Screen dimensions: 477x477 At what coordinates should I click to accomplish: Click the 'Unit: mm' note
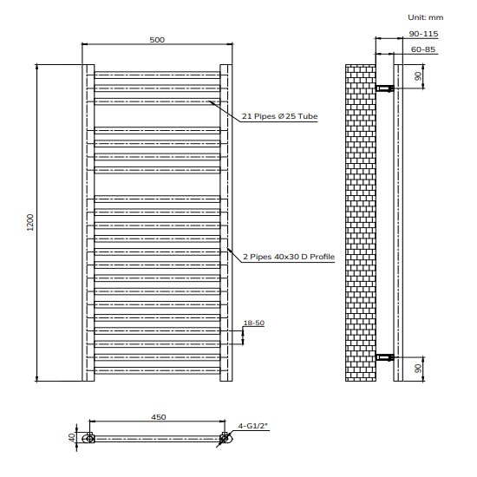click(425, 16)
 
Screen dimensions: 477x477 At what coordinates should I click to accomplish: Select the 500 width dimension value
click(157, 39)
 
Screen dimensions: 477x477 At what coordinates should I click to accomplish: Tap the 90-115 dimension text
click(423, 34)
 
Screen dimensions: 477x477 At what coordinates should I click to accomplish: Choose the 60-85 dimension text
click(423, 49)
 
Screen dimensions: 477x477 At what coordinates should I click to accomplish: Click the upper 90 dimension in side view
click(418, 76)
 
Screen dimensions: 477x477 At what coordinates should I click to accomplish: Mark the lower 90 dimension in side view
click(418, 368)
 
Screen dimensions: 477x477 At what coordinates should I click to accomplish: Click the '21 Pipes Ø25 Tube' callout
click(279, 117)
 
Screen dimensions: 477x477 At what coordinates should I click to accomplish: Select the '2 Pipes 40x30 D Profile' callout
click(288, 257)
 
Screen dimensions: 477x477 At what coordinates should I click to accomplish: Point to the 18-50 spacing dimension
click(254, 323)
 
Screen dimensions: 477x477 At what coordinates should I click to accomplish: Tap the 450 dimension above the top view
click(158, 417)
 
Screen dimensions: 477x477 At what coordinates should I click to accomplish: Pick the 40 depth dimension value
click(74, 438)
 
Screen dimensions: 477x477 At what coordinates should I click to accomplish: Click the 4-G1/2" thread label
click(253, 425)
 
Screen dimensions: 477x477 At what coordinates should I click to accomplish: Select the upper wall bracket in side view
click(383, 88)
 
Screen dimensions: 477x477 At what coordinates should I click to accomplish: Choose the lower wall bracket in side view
click(383, 356)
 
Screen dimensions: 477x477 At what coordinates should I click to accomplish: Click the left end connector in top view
click(88, 439)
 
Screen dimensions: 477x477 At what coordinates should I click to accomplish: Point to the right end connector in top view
click(225, 439)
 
